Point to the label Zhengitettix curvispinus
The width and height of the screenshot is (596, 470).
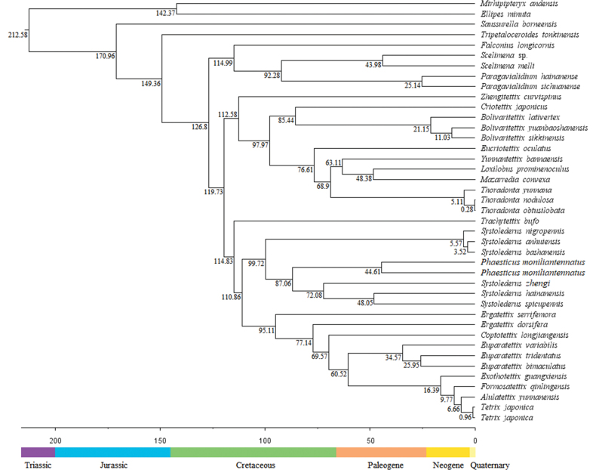click(x=521, y=97)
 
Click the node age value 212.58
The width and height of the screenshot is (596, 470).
click(x=17, y=35)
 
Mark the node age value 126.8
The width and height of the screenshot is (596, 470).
click(x=200, y=127)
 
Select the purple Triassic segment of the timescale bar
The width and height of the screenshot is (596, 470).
click(x=38, y=451)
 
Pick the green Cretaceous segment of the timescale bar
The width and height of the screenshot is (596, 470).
click(x=253, y=451)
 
